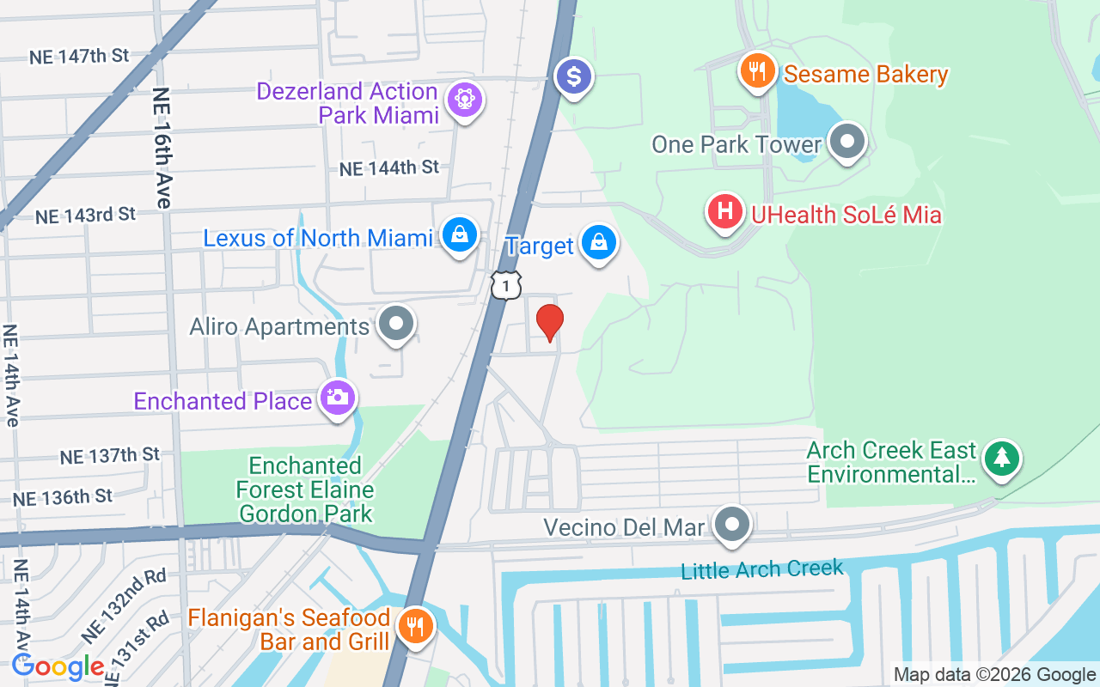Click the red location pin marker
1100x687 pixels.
(x=549, y=322)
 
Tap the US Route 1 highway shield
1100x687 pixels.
(x=506, y=284)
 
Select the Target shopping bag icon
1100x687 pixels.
(x=598, y=243)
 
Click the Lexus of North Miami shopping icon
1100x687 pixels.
(x=460, y=234)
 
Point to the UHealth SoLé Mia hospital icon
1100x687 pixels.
(x=724, y=211)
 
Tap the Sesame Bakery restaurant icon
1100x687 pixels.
(x=757, y=71)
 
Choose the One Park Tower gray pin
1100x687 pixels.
(x=847, y=142)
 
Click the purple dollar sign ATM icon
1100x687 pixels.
(x=573, y=78)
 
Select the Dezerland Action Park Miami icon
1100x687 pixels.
(x=465, y=100)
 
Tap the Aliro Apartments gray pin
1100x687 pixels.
(x=396, y=325)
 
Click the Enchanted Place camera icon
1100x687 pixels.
(x=338, y=398)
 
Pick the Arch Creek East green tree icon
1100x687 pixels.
(x=1001, y=458)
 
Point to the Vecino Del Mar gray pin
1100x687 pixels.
(x=733, y=524)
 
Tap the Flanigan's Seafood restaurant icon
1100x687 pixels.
(x=415, y=625)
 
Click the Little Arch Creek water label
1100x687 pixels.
(x=761, y=569)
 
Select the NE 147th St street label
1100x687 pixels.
(x=78, y=57)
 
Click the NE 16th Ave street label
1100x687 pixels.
(x=162, y=147)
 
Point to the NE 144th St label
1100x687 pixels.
(x=388, y=168)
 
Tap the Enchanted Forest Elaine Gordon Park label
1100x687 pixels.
(x=305, y=490)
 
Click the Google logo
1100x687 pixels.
(x=58, y=666)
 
